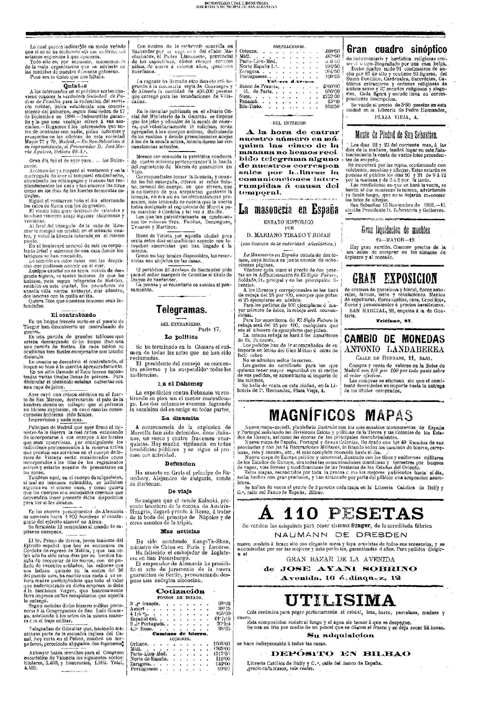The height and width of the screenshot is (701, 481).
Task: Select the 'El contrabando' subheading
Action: click(73, 315)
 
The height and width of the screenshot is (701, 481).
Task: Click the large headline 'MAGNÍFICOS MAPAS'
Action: click(341, 416)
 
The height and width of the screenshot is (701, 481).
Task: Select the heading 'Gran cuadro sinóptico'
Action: click(397, 50)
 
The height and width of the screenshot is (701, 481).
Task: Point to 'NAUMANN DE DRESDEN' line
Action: click(341, 535)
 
